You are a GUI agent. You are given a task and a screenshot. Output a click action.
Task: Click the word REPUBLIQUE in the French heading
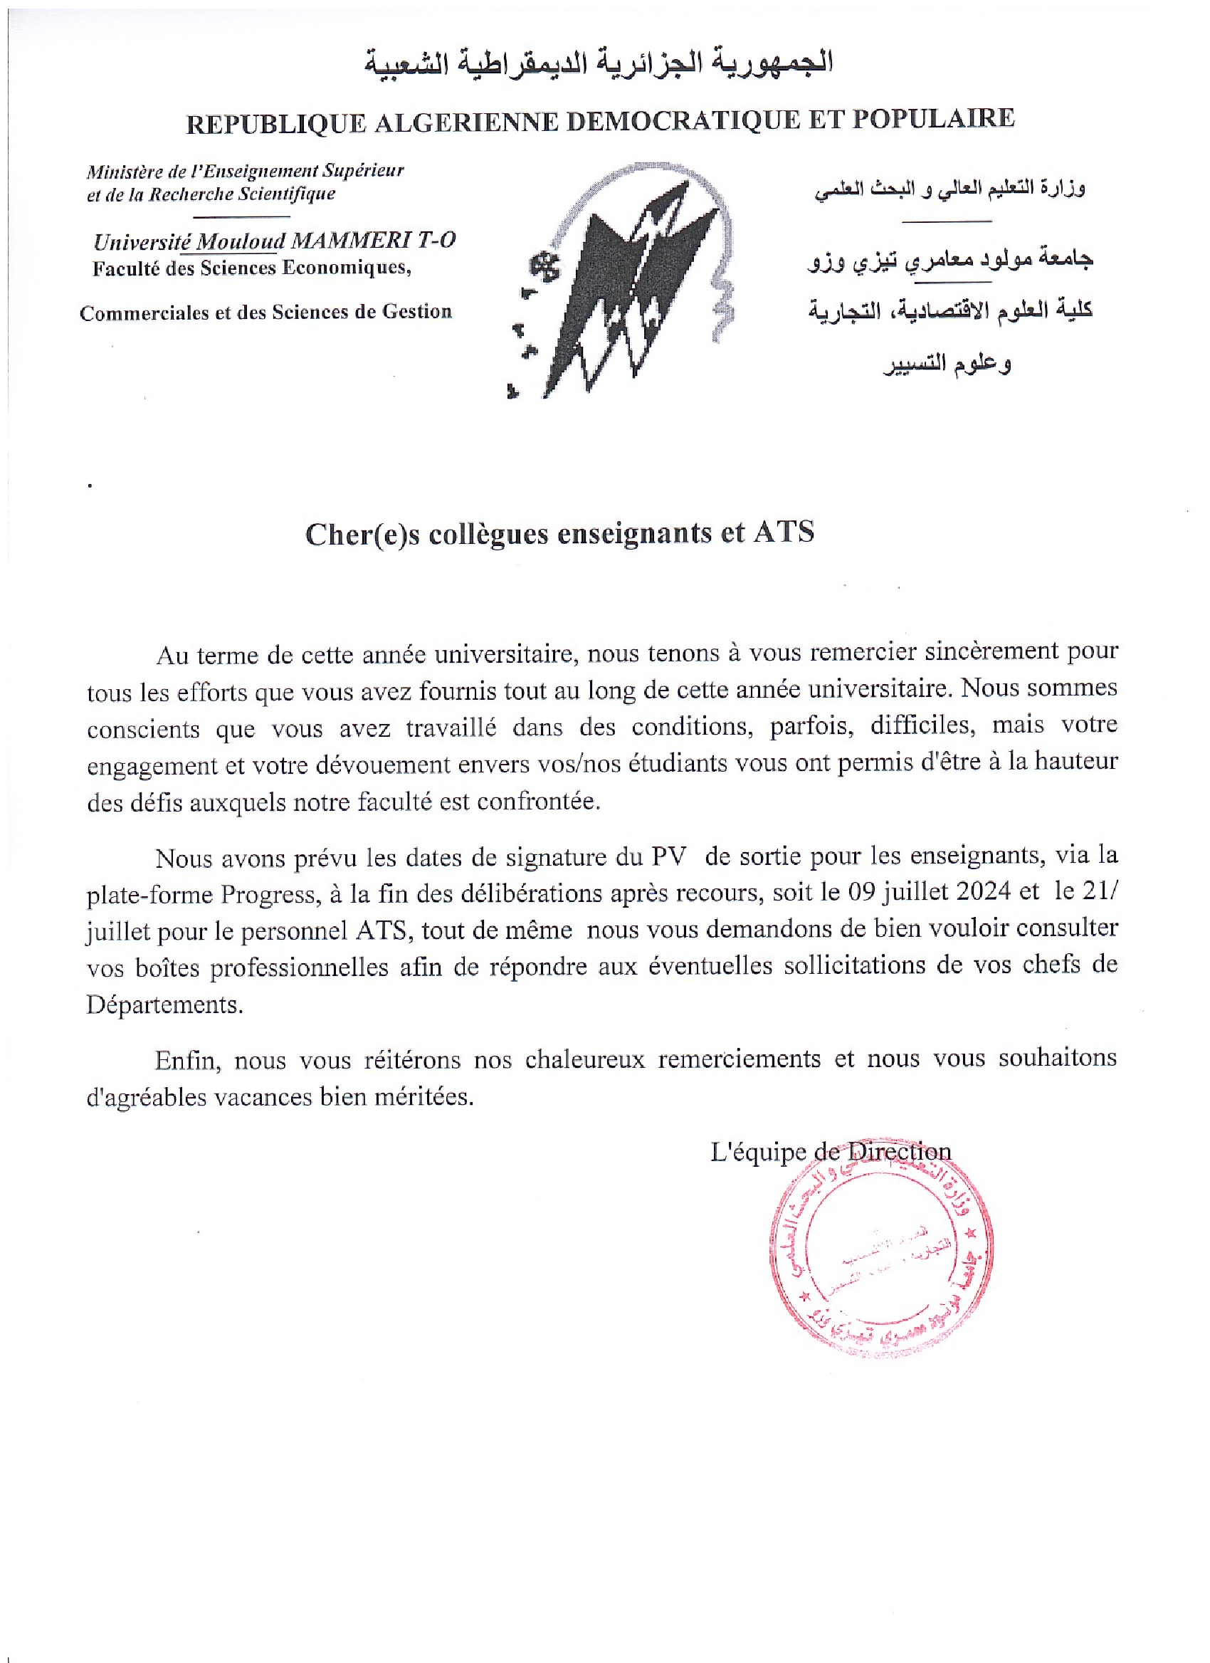tap(275, 124)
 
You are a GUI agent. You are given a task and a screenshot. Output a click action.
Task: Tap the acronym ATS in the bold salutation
tap(784, 532)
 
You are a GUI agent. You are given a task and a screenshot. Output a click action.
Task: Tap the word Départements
tap(164, 1005)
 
